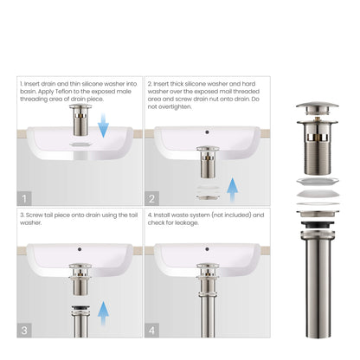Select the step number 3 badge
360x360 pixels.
click(x=25, y=330)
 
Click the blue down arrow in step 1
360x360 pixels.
click(x=103, y=128)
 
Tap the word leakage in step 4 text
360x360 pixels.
click(x=190, y=222)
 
